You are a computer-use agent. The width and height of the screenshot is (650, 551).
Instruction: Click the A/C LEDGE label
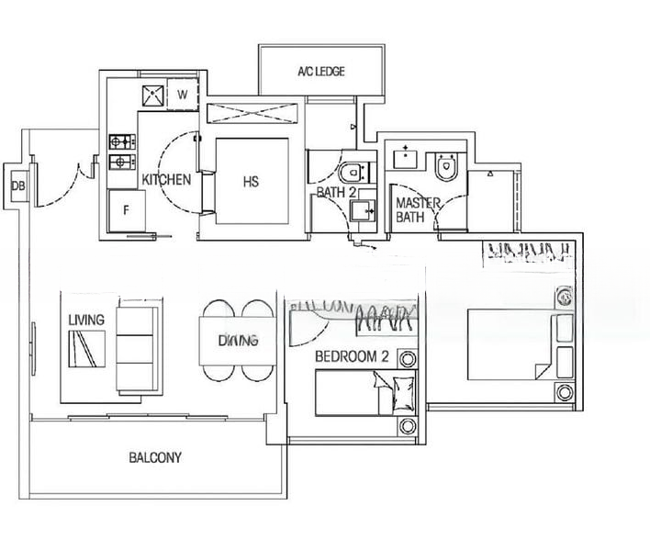[321, 72]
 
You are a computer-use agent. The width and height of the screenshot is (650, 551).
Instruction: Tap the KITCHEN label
[166, 180]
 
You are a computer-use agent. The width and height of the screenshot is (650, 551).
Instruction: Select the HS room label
[251, 182]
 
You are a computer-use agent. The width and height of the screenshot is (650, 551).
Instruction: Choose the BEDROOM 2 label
[349, 356]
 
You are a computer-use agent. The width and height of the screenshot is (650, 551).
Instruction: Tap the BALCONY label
[155, 457]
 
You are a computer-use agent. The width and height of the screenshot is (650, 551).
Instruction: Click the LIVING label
[86, 320]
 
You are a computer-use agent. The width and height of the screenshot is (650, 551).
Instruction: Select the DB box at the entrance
[17, 186]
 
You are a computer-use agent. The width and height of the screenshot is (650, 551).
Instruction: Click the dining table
[237, 342]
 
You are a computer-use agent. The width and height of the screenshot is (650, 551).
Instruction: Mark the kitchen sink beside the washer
[151, 94]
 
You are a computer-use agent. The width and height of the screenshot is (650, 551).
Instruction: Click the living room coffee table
[86, 349]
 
